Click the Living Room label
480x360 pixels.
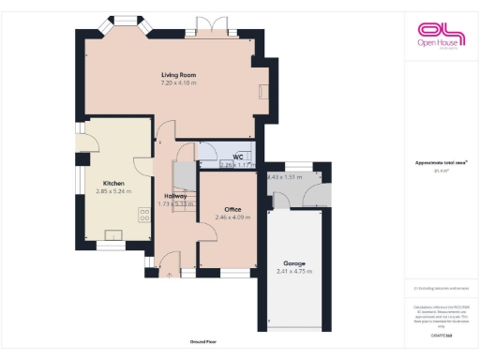pos(177,74)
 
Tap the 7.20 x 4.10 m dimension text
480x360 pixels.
pos(177,82)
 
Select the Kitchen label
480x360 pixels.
pos(113,183)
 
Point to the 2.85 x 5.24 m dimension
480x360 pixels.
pos(113,191)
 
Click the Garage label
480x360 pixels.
pos(295,263)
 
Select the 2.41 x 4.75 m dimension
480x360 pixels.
pos(295,272)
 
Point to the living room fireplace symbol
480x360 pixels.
pos(262,90)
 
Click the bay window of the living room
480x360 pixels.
pos(125,22)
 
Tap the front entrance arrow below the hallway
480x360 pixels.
pos(169,276)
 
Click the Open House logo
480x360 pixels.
pos(442,35)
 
